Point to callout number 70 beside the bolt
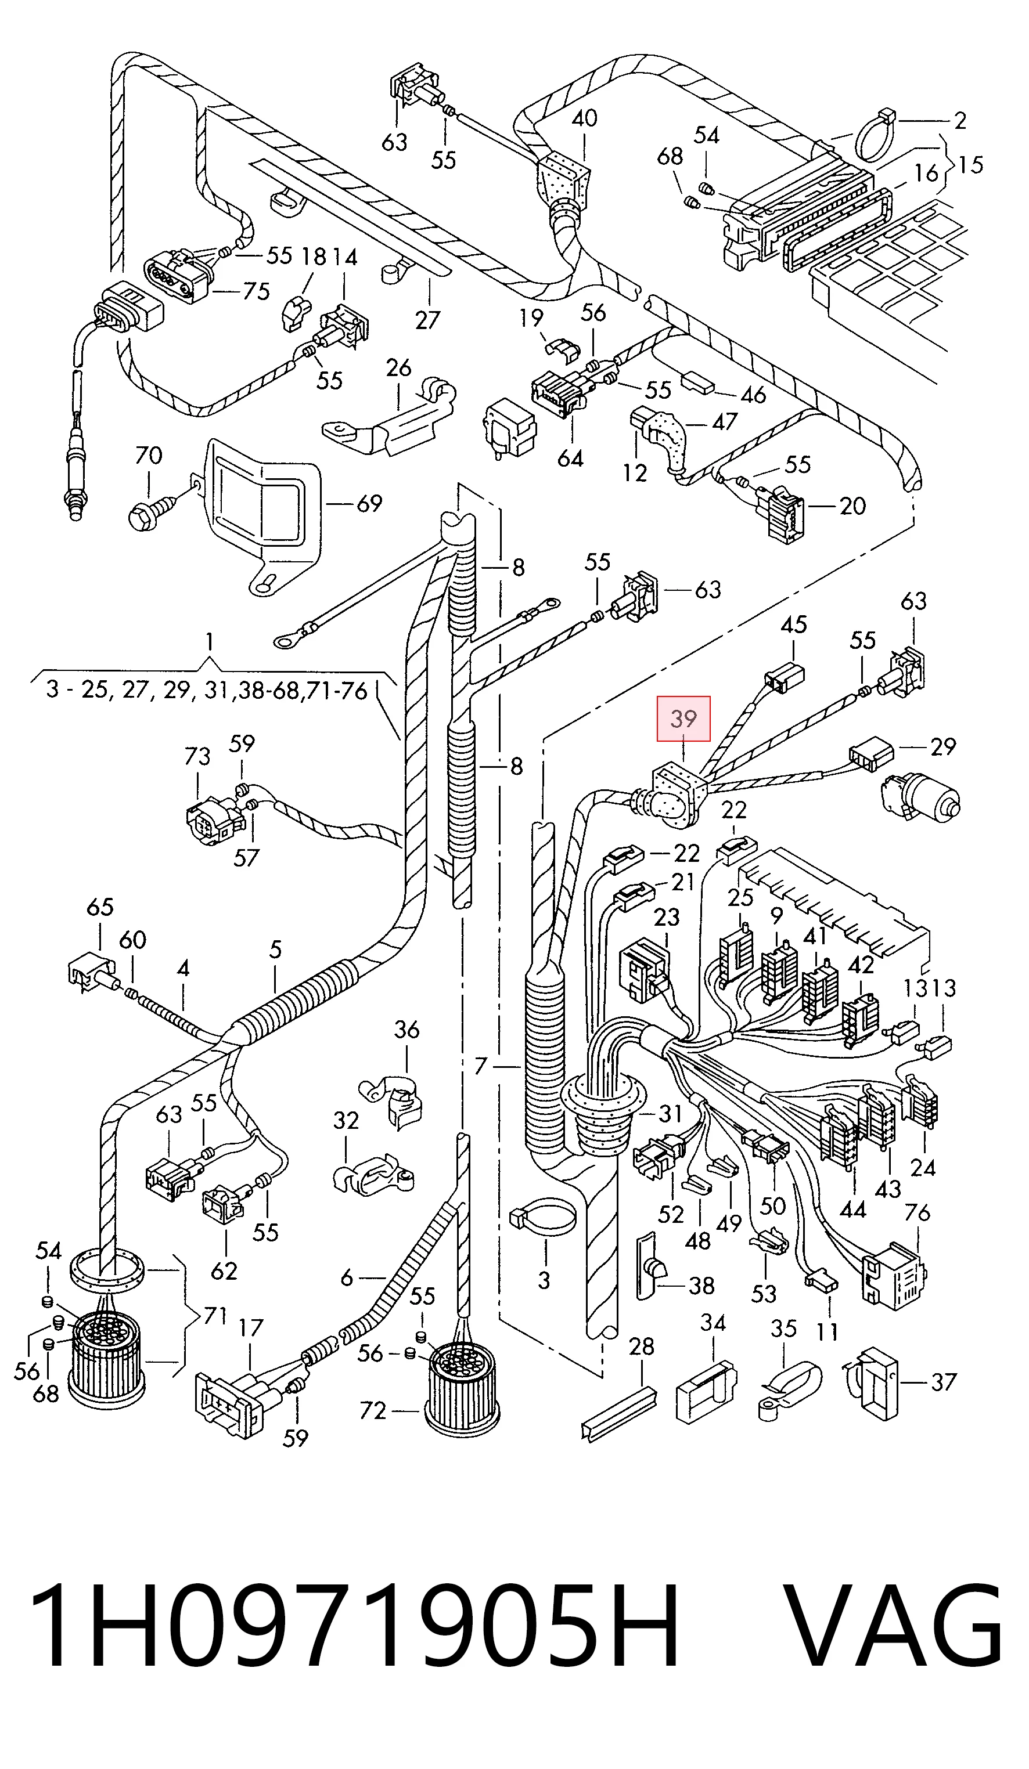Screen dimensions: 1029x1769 tap(148, 456)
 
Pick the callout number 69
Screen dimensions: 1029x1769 tap(369, 503)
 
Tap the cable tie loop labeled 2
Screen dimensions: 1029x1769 tap(877, 133)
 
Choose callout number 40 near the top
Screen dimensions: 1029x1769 tap(584, 118)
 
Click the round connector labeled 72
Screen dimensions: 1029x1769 tap(462, 1387)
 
